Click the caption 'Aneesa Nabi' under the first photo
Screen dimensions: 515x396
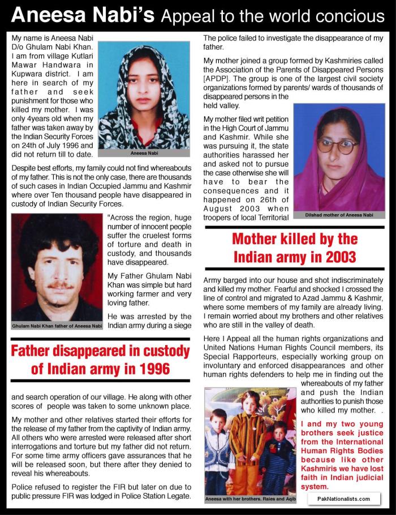144,153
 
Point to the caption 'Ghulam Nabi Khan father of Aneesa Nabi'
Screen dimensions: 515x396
57,326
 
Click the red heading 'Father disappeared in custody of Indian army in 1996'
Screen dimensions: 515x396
100,360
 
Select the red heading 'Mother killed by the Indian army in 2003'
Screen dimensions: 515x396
294,248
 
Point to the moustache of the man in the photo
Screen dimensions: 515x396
60,285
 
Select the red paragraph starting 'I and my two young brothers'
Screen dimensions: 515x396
342,454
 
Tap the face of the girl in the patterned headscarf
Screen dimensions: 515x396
142,83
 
